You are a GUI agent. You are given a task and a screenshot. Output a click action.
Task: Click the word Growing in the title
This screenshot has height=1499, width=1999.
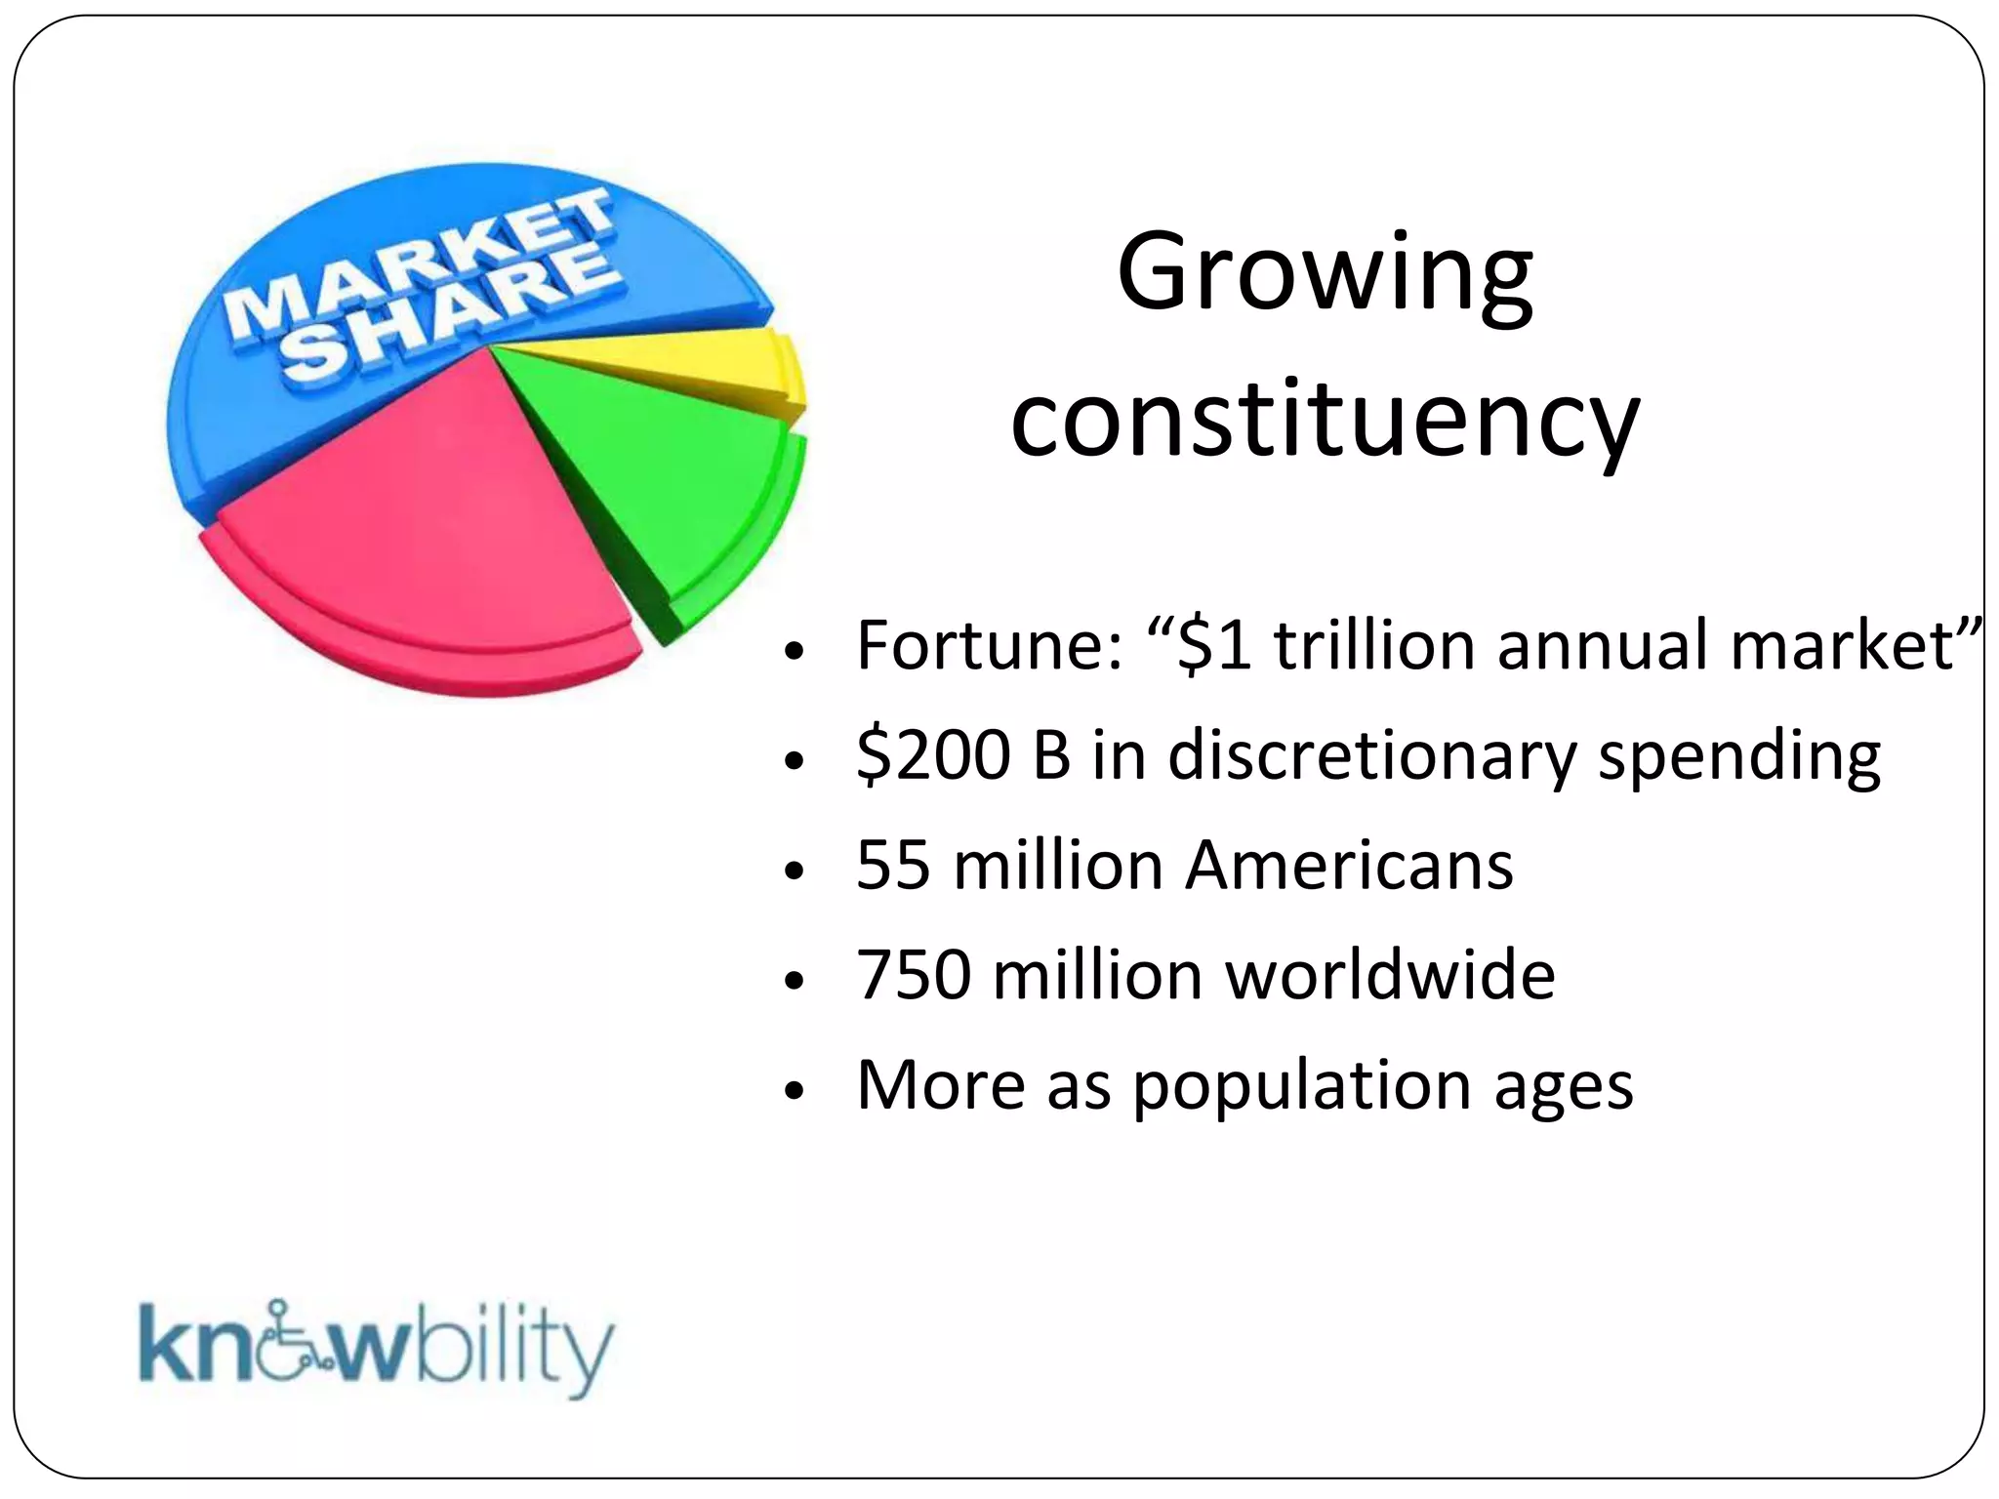[x=1325, y=275]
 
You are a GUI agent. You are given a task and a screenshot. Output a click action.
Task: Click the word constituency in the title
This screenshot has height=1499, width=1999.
[x=1325, y=422]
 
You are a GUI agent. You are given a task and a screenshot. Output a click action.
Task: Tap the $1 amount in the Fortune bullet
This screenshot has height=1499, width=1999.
[x=1214, y=646]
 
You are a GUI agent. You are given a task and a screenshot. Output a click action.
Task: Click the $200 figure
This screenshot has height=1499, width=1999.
[x=931, y=755]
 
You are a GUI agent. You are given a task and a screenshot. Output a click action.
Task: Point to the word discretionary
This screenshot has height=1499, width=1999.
[x=1371, y=757]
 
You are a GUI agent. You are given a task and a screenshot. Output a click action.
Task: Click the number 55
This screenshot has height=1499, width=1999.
[x=892, y=866]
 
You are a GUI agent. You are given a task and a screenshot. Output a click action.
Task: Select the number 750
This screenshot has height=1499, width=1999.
[x=913, y=975]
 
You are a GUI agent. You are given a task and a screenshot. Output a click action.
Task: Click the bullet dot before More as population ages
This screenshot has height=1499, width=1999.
[x=796, y=1090]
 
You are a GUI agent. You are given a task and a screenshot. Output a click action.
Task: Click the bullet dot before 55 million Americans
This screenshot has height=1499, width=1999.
[x=796, y=871]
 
